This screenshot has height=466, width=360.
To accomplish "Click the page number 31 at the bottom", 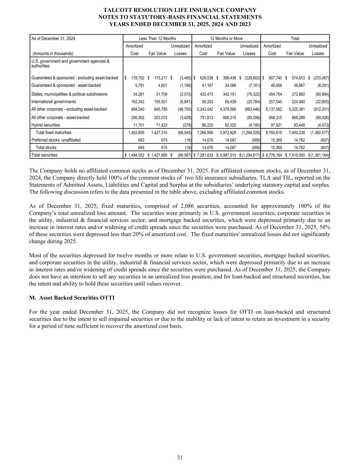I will point(180,457).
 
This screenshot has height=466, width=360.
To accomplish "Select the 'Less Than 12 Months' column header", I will point(157,39).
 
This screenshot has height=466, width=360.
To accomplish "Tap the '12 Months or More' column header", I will point(226,39).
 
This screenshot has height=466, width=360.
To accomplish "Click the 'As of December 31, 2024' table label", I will point(53,39).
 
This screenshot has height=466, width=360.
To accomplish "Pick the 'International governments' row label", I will point(54,102).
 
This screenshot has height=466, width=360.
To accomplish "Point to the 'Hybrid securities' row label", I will point(46,125).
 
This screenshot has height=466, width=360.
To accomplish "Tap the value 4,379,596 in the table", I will point(226,109).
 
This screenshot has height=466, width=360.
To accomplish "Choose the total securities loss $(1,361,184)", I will point(319,155).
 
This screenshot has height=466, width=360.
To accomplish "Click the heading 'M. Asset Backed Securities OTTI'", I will point(72,298).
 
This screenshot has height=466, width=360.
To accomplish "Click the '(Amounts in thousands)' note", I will point(53,54).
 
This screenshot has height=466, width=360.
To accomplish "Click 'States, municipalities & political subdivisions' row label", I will point(69,94).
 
